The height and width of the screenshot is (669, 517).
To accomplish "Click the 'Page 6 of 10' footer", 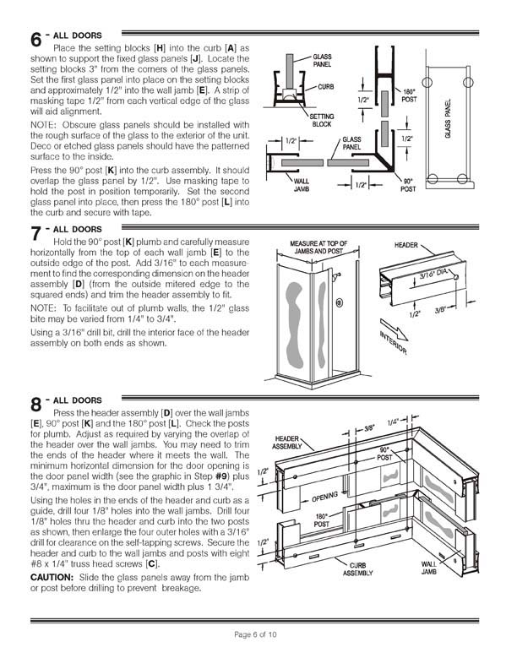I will click(258, 633).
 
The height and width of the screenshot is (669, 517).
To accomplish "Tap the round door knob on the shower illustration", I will click(339, 302).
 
